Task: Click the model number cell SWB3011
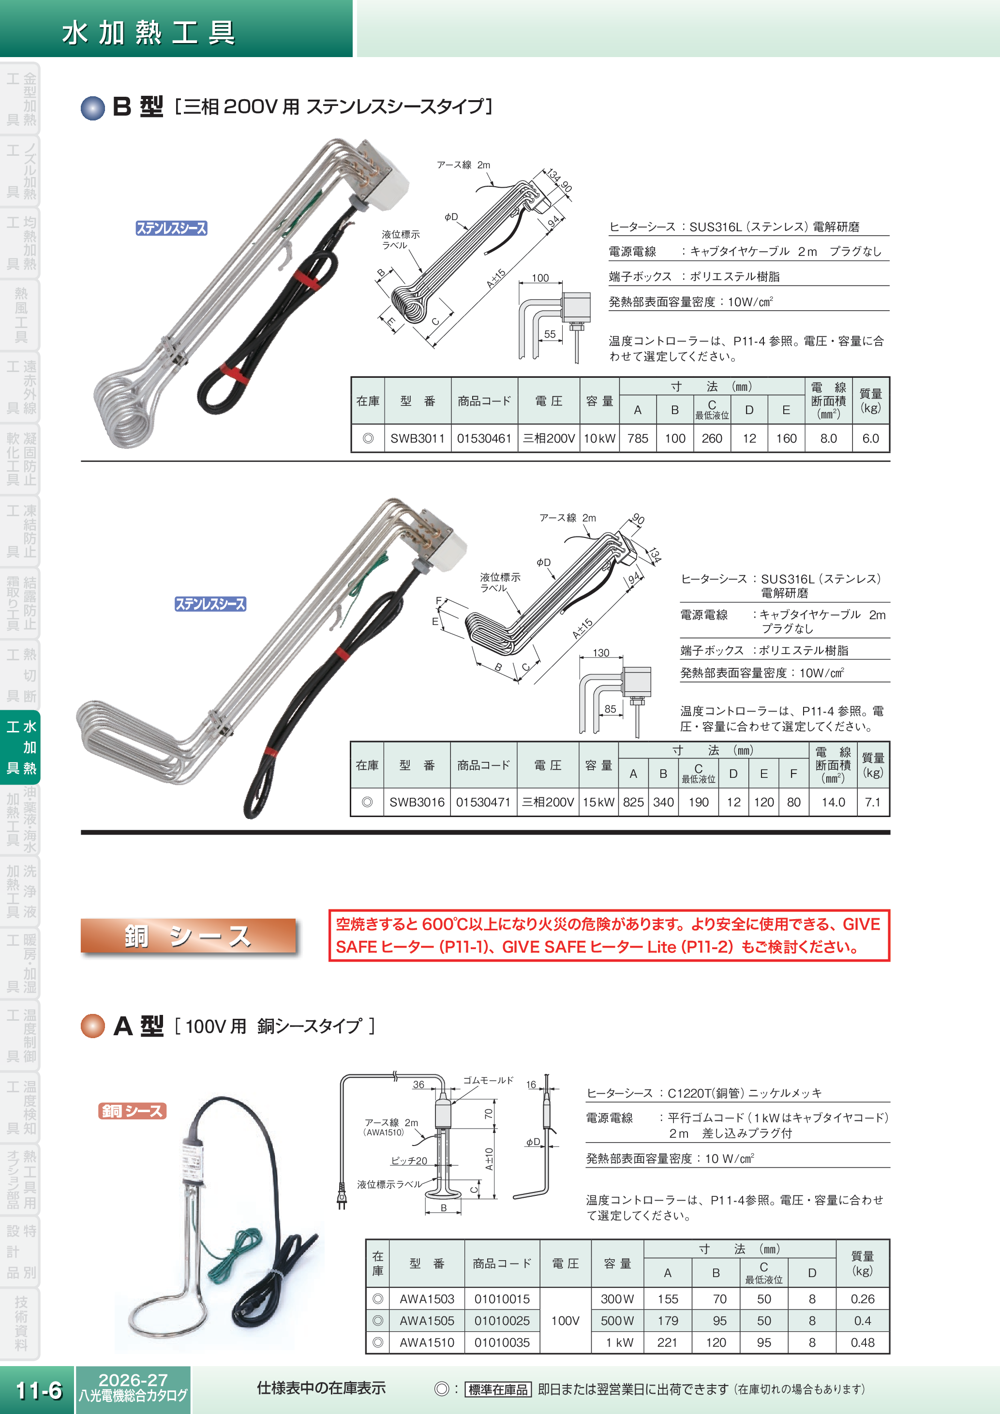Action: pos(417,438)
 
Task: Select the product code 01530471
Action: pos(483,803)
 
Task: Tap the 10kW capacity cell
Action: pos(599,438)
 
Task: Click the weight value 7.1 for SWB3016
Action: pos(873,803)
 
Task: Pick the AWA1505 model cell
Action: pos(427,1320)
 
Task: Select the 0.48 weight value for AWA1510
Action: pos(862,1342)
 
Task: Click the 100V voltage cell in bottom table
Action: pos(565,1320)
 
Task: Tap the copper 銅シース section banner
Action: pos(188,936)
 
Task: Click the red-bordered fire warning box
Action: pos(609,936)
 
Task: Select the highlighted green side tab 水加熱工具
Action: pos(21,747)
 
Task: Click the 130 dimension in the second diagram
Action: pos(601,653)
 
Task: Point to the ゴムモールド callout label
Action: pos(488,1080)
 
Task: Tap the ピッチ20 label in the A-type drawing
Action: pos(409,1160)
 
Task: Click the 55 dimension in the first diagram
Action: pos(550,334)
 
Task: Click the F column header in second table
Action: pos(793,774)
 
